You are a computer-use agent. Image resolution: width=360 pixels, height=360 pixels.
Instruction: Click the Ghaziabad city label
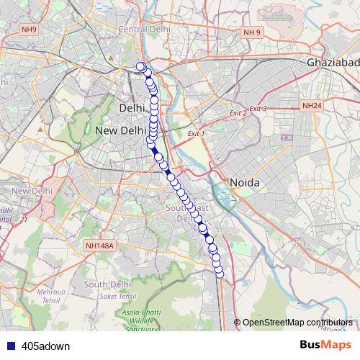(x=333, y=63)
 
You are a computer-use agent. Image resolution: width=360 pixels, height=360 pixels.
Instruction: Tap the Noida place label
(x=243, y=183)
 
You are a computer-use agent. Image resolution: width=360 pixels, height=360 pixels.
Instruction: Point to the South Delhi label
(x=106, y=284)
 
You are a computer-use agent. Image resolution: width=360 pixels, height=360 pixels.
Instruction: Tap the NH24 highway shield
(x=312, y=105)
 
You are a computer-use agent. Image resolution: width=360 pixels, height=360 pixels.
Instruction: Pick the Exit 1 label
(x=196, y=134)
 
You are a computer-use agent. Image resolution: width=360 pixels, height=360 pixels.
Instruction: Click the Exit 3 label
(x=258, y=109)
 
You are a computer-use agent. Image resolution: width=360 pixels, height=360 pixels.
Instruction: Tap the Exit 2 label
(x=238, y=113)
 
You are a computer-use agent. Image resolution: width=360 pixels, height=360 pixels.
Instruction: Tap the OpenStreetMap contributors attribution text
(x=297, y=322)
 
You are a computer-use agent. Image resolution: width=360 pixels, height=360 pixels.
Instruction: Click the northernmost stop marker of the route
(x=140, y=67)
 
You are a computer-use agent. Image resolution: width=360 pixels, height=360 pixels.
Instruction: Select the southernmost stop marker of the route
(x=220, y=271)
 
